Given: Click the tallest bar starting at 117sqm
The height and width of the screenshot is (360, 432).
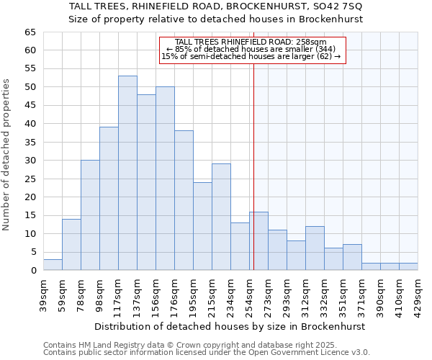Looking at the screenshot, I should [x=127, y=173].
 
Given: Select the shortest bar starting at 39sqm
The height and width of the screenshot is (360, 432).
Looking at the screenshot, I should [x=53, y=265].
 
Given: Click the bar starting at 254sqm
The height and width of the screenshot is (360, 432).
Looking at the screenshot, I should [x=258, y=241].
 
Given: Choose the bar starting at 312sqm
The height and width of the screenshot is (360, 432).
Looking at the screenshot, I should [x=315, y=248].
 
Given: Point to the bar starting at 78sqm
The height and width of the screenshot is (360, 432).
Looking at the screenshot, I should [x=90, y=215].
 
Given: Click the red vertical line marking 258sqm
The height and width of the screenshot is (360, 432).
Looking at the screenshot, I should [x=253, y=166].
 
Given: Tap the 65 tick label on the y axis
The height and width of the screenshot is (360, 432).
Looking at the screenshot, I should [x=30, y=32].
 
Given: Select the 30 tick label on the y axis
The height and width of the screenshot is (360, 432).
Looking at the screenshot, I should [x=30, y=161].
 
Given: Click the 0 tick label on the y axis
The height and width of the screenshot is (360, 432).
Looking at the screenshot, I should [x=32, y=271].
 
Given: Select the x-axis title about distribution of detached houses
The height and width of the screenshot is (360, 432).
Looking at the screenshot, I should [x=230, y=326].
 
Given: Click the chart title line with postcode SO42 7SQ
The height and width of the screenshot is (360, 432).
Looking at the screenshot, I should [x=216, y=6].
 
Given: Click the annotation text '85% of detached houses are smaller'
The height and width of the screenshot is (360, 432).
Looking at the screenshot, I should [x=251, y=49].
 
